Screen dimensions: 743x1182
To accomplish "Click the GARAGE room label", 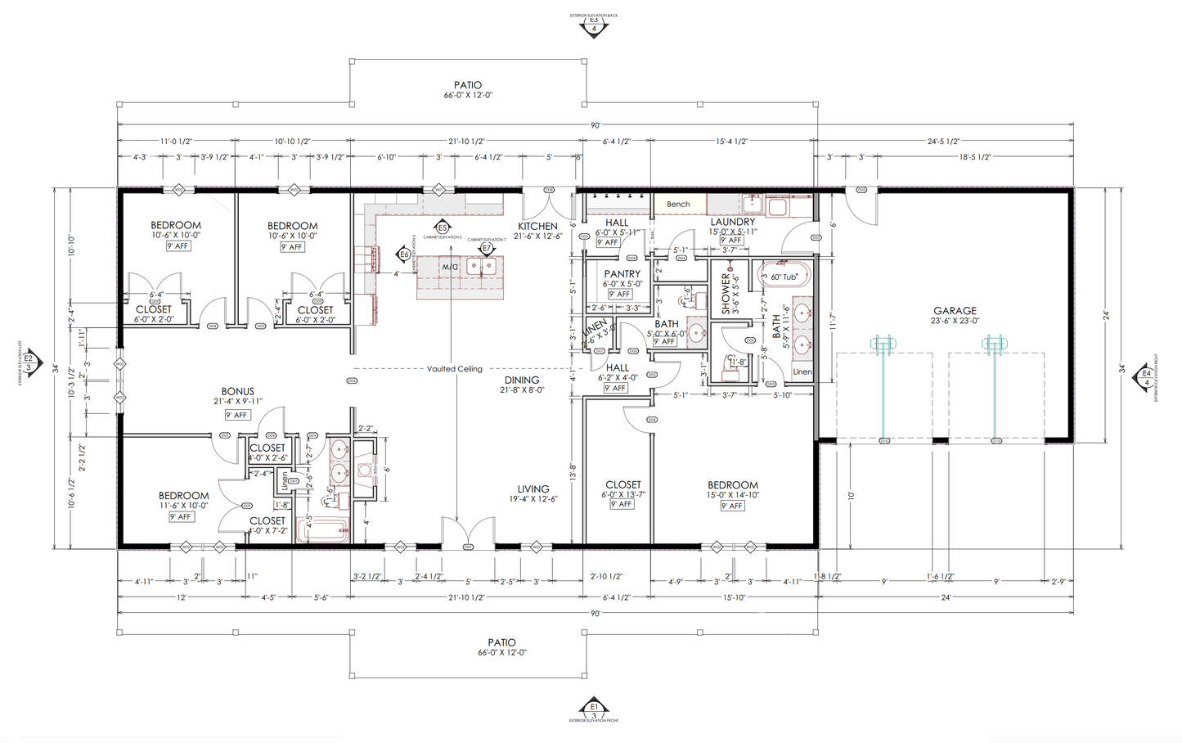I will coord(955,311).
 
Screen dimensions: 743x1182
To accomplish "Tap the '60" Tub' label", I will coord(784,277).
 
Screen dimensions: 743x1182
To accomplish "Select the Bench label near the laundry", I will coord(678,205).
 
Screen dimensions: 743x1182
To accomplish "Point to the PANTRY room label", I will coord(622,274).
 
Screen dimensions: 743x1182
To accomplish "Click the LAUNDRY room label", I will coord(732,222).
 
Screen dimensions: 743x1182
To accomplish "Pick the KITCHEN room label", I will coord(537,227).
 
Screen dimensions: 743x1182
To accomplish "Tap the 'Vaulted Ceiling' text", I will coord(454,369).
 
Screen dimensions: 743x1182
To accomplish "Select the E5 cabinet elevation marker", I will coord(443,227).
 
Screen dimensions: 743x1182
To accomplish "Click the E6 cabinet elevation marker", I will coord(404,254).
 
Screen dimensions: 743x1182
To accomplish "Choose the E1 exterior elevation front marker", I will coord(594,707).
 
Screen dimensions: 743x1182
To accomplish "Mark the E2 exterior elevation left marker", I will coord(28,361).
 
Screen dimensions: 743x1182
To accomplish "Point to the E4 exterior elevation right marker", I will coord(1146,378).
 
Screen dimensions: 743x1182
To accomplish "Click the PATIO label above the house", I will coord(468,85).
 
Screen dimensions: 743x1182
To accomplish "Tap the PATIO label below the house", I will coord(502,643).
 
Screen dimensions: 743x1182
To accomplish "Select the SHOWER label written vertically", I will coord(726,294).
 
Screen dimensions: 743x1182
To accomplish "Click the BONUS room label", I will coord(238,392).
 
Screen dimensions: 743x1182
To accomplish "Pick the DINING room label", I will coord(521,381).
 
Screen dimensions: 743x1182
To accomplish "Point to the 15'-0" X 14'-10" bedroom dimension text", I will coord(733,494).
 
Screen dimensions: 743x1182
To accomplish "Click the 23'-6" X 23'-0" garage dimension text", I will coord(955,321).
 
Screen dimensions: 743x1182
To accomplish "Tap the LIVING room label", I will coord(533,489).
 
